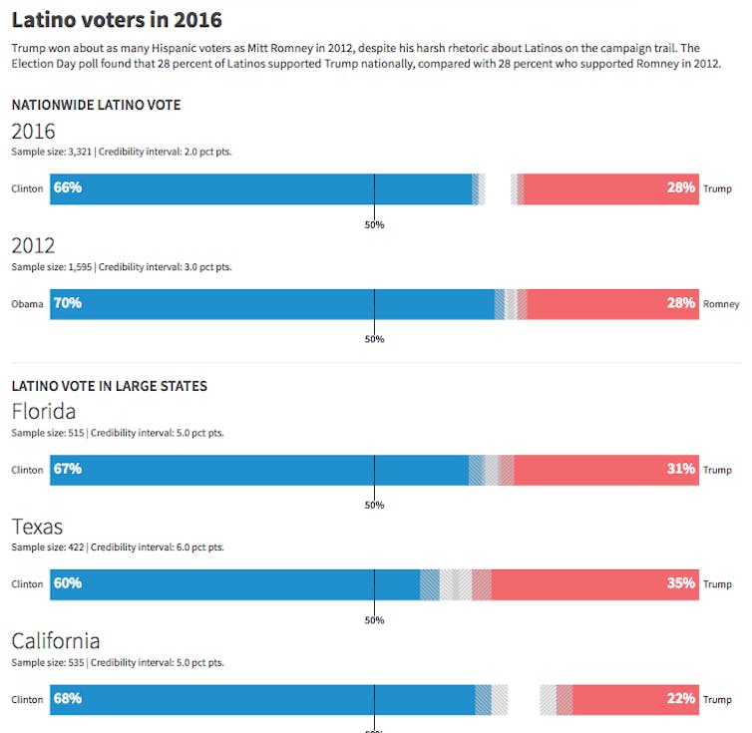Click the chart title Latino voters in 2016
pyautogui.click(x=117, y=19)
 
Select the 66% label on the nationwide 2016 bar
pyautogui.click(x=68, y=188)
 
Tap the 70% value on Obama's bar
pyautogui.click(x=68, y=303)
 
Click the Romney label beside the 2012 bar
pyautogui.click(x=721, y=304)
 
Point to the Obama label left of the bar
pyautogui.click(x=27, y=304)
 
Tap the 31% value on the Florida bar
pyautogui.click(x=681, y=469)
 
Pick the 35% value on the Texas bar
pyautogui.click(x=681, y=583)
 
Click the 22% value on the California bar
pyautogui.click(x=681, y=699)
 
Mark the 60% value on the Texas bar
pyautogui.click(x=68, y=583)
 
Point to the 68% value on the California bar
pyautogui.click(x=68, y=699)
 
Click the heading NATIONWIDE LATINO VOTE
pyautogui.click(x=96, y=105)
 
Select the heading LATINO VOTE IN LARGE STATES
pyautogui.click(x=109, y=386)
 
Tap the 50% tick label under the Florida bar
pyautogui.click(x=374, y=505)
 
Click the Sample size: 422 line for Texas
pyautogui.click(x=118, y=548)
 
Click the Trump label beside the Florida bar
pyautogui.click(x=717, y=470)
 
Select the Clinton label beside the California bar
pyautogui.click(x=27, y=700)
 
